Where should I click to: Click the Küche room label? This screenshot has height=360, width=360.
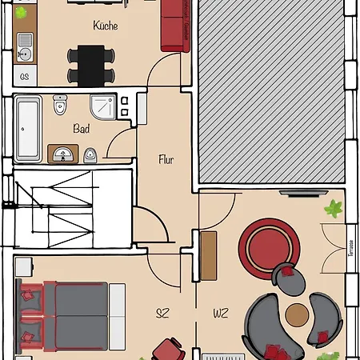pos(105,26)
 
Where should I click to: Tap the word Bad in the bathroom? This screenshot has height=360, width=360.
pos(81,128)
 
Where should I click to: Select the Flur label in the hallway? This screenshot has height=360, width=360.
pos(166,158)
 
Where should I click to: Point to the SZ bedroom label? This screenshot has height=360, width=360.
pos(163,313)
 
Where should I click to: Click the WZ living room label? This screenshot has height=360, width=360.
pos(221,313)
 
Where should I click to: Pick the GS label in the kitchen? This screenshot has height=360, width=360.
pos(25,77)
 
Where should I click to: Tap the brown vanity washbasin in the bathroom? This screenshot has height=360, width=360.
pos(63,152)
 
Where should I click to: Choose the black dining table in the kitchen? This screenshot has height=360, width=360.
pos(90,64)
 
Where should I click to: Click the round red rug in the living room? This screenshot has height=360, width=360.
pos(270,244)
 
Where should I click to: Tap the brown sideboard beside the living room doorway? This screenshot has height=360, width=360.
pos(209,255)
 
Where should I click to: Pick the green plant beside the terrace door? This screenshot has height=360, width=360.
pos(333,210)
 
